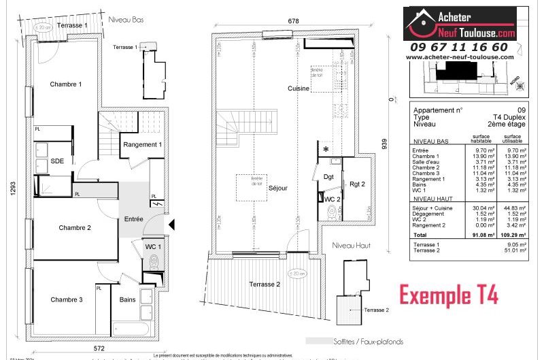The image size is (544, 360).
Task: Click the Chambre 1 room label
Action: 66,84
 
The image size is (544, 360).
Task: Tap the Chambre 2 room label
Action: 75,228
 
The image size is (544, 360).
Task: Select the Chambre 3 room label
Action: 67,299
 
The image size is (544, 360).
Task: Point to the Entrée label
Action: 133,219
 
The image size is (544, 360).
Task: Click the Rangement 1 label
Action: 142,144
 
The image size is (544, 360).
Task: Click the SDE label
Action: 58,161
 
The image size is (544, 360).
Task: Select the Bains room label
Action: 127,299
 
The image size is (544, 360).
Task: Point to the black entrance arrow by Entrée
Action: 171,224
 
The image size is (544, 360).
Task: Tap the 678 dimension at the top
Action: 293,21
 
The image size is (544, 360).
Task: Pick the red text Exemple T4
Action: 448,296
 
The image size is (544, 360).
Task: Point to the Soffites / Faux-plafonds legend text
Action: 373,341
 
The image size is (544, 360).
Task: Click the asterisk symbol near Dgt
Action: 326,149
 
